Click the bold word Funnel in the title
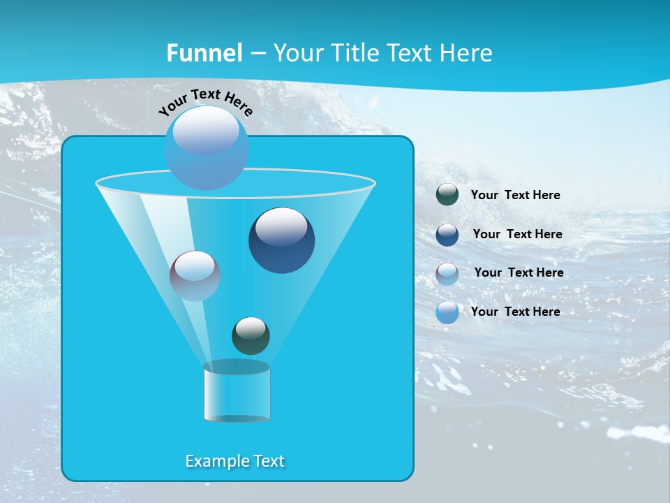pos(204,53)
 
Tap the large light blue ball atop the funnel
pos(206,147)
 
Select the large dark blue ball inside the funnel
pos(281,240)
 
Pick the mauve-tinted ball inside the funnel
pos(195,276)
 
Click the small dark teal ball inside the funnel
pos(251,335)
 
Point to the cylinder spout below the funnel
pos(237,392)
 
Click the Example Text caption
pos(234,461)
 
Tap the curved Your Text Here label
pos(206,103)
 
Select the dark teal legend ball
pos(447,195)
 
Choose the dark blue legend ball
pos(447,235)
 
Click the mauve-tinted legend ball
pos(447,274)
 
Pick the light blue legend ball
pos(447,312)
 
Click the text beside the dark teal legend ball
pos(515,195)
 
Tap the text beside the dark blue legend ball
pos(517,234)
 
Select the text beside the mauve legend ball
pos(519,272)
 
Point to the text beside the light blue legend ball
pos(515,312)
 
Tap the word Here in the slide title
pos(466,53)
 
